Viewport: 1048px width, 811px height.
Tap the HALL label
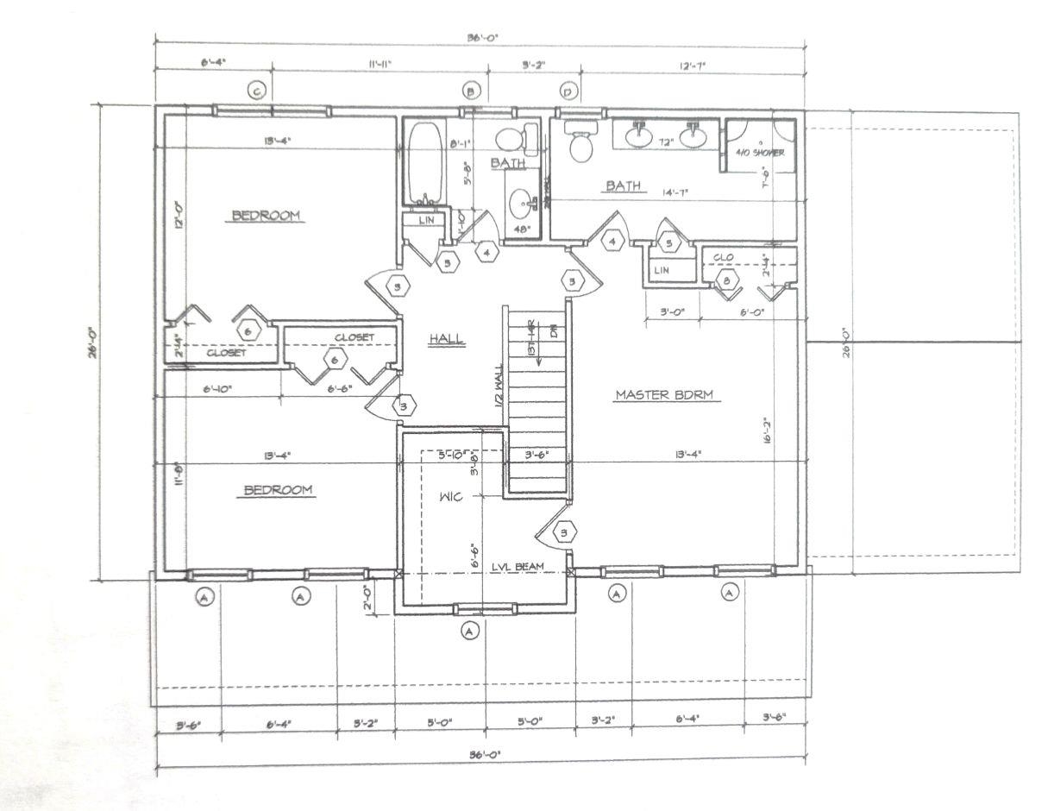(x=447, y=340)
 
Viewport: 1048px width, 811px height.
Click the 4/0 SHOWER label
(x=759, y=153)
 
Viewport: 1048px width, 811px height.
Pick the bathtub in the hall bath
(x=424, y=164)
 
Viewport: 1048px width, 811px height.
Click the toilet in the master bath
(x=581, y=141)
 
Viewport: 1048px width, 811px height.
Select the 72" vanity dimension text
(x=664, y=140)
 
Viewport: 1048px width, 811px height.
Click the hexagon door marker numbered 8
(x=728, y=280)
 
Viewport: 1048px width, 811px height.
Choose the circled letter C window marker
(x=255, y=91)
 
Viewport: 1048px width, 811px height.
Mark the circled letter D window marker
(x=568, y=91)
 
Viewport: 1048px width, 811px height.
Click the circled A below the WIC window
(x=469, y=632)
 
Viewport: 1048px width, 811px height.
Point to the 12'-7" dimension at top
(x=693, y=64)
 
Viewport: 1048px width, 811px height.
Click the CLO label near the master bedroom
(x=724, y=257)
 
